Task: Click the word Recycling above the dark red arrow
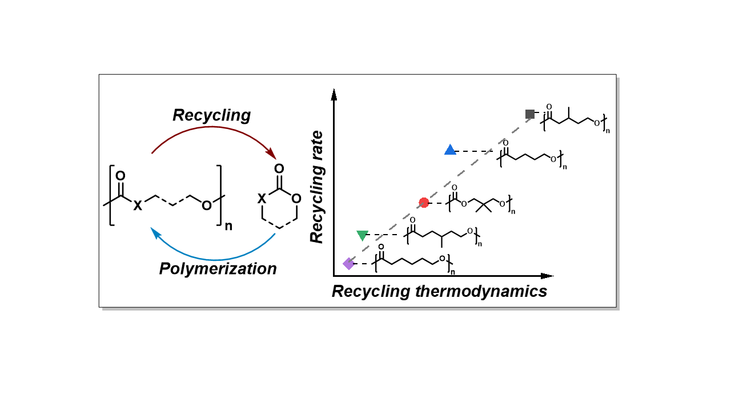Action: pyautogui.click(x=212, y=115)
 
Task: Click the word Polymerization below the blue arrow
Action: pyautogui.click(x=218, y=268)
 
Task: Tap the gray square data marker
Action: pyautogui.click(x=530, y=114)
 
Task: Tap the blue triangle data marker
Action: pyautogui.click(x=450, y=150)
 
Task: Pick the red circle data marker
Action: pyautogui.click(x=424, y=203)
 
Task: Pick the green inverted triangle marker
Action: pyautogui.click(x=362, y=235)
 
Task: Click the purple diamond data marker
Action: pyautogui.click(x=348, y=263)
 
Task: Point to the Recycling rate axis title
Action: pyautogui.click(x=318, y=187)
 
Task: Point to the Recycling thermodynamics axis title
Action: pyautogui.click(x=439, y=292)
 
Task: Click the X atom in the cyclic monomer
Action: pyautogui.click(x=261, y=199)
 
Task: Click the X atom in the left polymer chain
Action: pyautogui.click(x=138, y=206)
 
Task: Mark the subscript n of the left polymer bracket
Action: pyautogui.click(x=228, y=225)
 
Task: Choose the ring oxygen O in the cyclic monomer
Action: pyautogui.click(x=296, y=199)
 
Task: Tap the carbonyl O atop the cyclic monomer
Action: pyautogui.click(x=279, y=169)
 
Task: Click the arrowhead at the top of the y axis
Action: pyautogui.click(x=334, y=94)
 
